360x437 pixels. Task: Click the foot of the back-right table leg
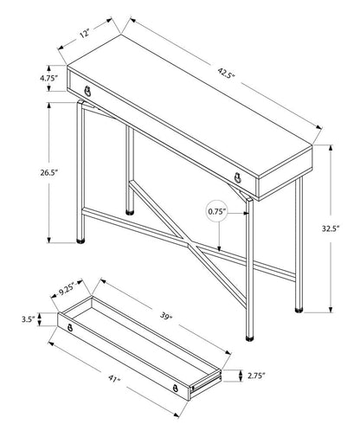pos(299,305)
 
